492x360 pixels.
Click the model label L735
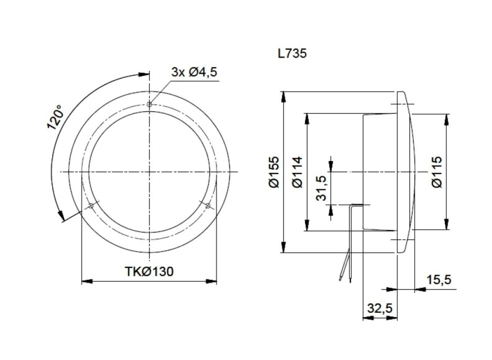292,54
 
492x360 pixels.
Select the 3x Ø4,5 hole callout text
194,72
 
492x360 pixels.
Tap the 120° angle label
55,117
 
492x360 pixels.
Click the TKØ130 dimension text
149,271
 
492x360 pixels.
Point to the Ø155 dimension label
274,172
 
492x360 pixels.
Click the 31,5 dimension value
321,188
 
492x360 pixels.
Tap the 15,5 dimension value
438,279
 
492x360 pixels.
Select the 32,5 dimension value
380,308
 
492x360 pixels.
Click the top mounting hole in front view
149,105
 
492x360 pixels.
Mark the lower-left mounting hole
91,206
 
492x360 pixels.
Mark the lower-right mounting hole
208,206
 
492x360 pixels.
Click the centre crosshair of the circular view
149,172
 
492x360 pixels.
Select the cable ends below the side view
345,277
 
